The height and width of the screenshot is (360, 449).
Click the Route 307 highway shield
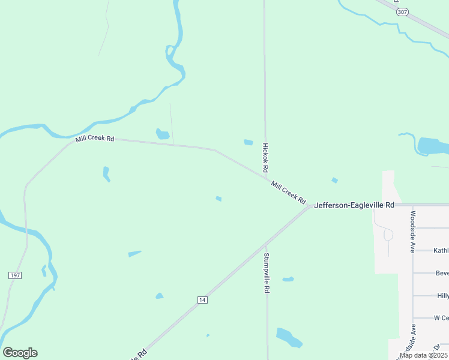pyautogui.click(x=402, y=12)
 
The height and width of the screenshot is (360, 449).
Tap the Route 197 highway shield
pyautogui.click(x=16, y=275)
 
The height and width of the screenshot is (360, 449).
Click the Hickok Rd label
pyautogui.click(x=265, y=158)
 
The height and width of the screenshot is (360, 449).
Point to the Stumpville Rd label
pyautogui.click(x=267, y=272)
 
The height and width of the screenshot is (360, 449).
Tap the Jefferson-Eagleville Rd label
pyautogui.click(x=354, y=205)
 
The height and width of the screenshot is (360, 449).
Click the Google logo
pyautogui.click(x=20, y=353)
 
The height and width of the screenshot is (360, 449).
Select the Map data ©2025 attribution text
pyautogui.click(x=423, y=355)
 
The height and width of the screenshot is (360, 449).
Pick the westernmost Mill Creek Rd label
pyautogui.click(x=95, y=139)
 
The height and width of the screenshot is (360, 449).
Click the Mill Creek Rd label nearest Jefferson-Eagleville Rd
pyautogui.click(x=289, y=192)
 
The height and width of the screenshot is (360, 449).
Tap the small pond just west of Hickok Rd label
pyautogui.click(x=249, y=142)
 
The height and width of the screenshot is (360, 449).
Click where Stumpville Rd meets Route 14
pyautogui.click(x=267, y=244)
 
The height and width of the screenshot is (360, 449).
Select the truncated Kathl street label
pyautogui.click(x=441, y=250)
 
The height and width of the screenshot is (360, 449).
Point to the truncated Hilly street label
pyautogui.click(x=443, y=296)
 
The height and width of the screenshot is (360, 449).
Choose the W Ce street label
pyautogui.click(x=441, y=317)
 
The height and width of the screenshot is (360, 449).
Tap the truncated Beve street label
pyautogui.click(x=442, y=273)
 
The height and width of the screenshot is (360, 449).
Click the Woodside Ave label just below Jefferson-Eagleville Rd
pyautogui.click(x=413, y=231)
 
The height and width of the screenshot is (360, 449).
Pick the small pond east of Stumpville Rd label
pyautogui.click(x=288, y=279)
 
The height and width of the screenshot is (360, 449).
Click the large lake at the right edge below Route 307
pyautogui.click(x=433, y=146)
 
